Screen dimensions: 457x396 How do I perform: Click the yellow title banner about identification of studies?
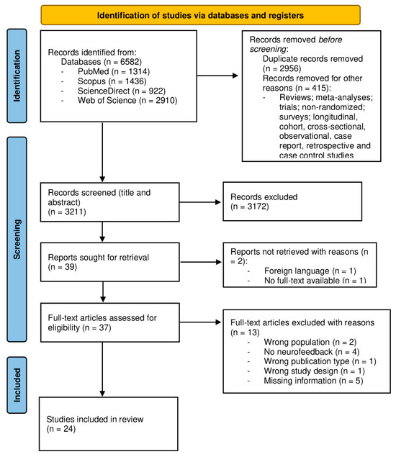click(200, 14)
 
